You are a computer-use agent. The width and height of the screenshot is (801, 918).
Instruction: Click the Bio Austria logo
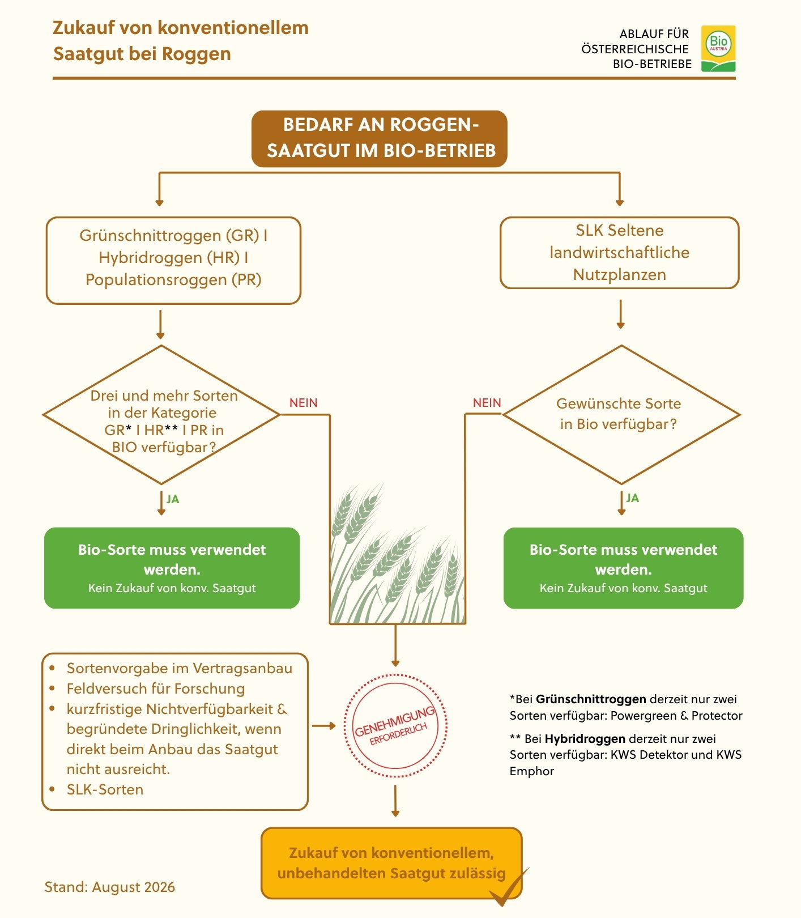pos(718,49)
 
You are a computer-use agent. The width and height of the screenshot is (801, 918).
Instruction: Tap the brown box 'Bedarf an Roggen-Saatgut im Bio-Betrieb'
pos(380,139)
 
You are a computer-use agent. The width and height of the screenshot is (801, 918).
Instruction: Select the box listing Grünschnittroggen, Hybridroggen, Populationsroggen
pos(173,261)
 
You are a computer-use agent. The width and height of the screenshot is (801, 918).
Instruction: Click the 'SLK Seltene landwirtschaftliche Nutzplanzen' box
pos(620,253)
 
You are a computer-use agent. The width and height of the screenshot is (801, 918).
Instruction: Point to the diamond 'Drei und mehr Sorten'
pos(162,415)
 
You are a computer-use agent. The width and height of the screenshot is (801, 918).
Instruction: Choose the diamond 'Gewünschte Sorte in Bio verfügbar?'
pos(621,415)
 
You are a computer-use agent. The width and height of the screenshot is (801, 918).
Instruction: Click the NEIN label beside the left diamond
pos(304,403)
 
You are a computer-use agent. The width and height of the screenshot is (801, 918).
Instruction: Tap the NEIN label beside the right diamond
pos(487,403)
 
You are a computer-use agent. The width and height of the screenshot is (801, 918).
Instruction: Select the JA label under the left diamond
pos(173,499)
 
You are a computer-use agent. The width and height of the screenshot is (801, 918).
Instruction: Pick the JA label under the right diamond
pos(633,498)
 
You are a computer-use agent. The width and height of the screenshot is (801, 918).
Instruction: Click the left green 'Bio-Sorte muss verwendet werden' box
pos(172,568)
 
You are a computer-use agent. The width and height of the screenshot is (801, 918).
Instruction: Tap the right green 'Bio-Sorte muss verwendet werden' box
pos(624,568)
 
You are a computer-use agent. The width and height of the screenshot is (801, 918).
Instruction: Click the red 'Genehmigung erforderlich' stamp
pos(395,725)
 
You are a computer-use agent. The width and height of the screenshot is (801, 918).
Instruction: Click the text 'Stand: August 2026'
pos(110,887)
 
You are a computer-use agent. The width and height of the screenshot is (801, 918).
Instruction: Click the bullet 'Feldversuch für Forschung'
pos(156,688)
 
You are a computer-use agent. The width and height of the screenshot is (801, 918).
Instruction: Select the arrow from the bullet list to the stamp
pos(324,726)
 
